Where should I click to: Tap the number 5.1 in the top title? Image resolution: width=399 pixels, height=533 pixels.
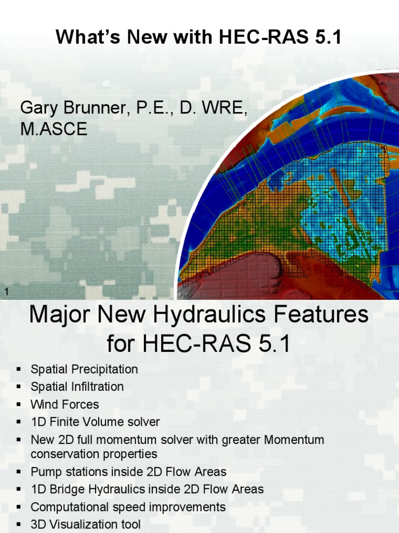[326, 37]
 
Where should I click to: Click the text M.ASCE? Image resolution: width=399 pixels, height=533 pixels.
[54, 129]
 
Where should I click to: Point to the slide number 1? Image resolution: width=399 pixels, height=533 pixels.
[6, 292]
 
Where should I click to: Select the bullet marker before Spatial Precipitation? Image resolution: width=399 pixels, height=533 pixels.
[19, 369]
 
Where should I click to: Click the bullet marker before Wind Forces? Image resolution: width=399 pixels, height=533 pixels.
[19, 404]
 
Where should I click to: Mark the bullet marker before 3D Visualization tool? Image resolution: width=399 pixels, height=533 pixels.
[19, 524]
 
